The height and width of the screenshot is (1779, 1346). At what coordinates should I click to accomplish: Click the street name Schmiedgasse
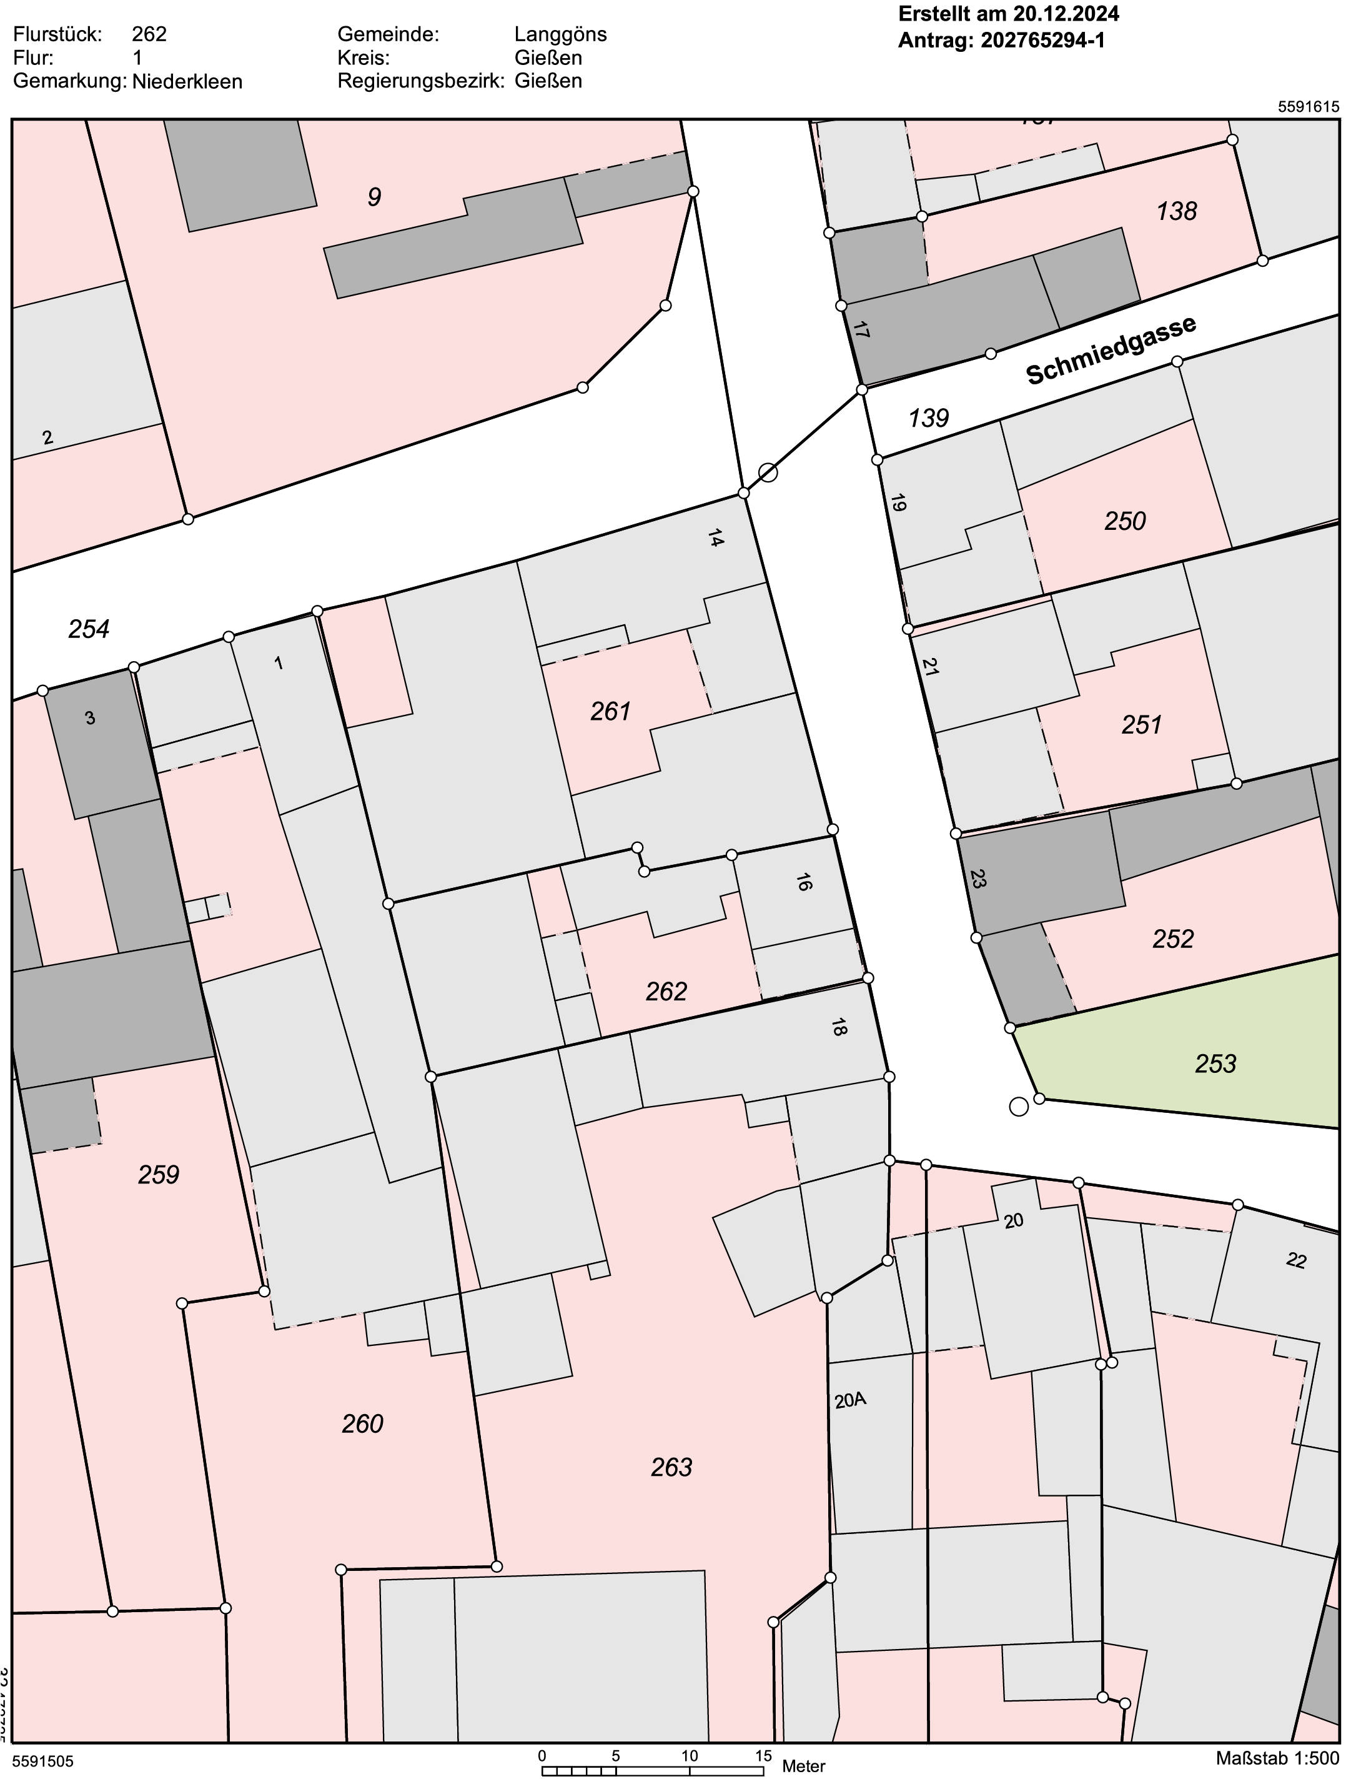[1111, 350]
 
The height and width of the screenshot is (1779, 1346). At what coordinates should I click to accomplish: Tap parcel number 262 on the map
[666, 992]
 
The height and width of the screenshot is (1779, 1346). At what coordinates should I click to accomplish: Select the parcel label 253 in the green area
[1215, 1064]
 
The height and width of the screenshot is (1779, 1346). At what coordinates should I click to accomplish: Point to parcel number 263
[671, 1468]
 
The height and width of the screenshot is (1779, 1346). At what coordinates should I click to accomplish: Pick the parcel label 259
[159, 1175]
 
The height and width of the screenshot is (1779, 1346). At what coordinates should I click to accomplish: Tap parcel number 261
[610, 711]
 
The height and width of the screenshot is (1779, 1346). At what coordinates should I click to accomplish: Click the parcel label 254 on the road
[89, 629]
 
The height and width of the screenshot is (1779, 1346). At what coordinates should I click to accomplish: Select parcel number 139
[929, 418]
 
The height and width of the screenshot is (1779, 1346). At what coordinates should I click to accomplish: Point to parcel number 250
[1124, 521]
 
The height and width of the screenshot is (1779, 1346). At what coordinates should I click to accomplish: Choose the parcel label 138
[1176, 211]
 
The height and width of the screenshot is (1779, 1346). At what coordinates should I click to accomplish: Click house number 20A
[850, 1400]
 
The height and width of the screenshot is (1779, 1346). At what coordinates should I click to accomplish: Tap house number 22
[1295, 1260]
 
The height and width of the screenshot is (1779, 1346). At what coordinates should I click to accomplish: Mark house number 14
[716, 538]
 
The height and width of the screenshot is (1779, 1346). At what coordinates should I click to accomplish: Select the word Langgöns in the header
[560, 34]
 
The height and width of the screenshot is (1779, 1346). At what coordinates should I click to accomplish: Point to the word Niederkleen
[187, 81]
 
